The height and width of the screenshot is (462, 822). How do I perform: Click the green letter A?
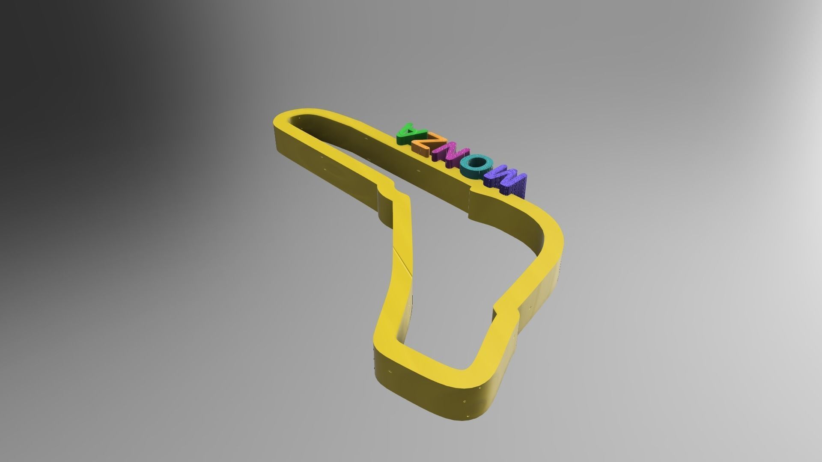(x=407, y=133)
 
